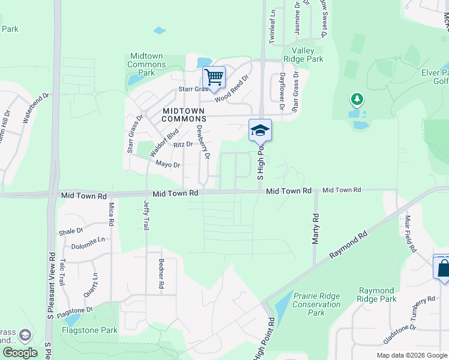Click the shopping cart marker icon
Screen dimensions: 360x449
(214, 77)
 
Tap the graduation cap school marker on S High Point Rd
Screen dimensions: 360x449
(260, 130)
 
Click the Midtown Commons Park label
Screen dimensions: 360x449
(147, 64)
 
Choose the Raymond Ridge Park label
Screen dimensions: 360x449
(376, 295)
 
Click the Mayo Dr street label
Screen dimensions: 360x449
(167, 164)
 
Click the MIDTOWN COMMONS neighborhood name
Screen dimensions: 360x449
(183, 115)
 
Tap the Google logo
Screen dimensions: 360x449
(20, 353)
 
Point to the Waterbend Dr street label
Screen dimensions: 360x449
(35, 109)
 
